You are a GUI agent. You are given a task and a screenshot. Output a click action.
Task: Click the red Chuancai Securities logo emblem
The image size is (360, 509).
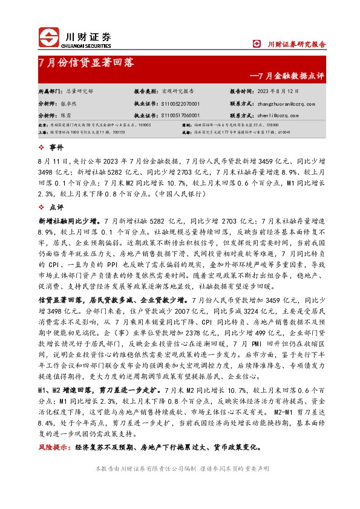49,37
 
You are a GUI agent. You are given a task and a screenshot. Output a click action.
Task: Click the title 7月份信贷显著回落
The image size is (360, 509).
86,62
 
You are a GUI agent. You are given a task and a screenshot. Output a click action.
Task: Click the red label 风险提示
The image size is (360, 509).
53,449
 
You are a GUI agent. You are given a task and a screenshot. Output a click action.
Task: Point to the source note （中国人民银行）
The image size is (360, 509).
179,193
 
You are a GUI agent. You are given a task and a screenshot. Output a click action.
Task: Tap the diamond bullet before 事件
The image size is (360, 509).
41,147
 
